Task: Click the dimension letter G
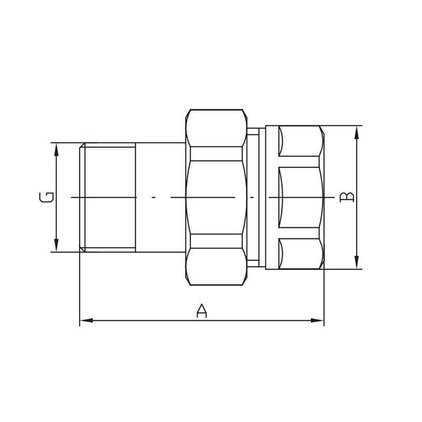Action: [x=46, y=197]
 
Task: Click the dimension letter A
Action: [x=202, y=311]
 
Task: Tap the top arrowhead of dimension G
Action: [x=56, y=148]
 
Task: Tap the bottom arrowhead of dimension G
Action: [x=56, y=246]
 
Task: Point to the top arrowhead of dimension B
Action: [x=357, y=131]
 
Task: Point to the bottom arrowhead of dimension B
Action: [x=357, y=263]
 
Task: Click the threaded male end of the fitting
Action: [x=108, y=197]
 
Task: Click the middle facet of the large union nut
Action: [x=216, y=197]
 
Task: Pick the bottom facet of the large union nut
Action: [x=216, y=267]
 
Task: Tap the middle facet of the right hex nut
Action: [x=300, y=197]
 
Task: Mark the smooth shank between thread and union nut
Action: [x=160, y=197]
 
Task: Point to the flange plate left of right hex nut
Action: [x=272, y=197]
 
